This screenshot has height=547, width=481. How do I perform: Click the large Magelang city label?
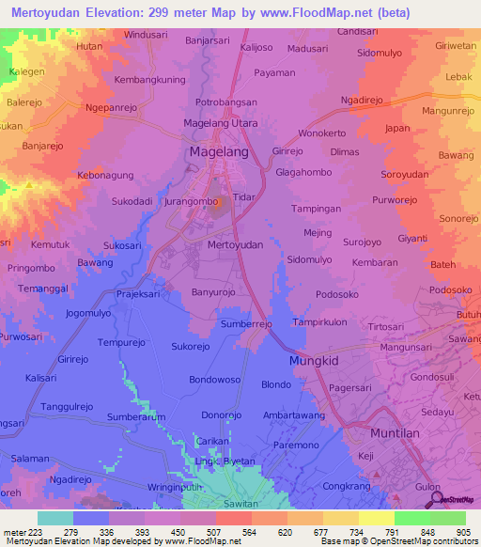pos(218,151)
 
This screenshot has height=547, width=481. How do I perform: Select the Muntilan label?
pos(395,434)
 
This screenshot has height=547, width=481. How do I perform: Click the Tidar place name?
pos(243,197)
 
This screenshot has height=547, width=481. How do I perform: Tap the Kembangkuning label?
pos(148,80)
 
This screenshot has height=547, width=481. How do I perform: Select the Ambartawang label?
pos(294,414)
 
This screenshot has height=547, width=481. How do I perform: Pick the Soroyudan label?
pos(404,175)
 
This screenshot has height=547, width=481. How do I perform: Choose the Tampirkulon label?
pos(319,321)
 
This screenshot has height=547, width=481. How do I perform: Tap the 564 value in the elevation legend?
pos(248,532)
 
